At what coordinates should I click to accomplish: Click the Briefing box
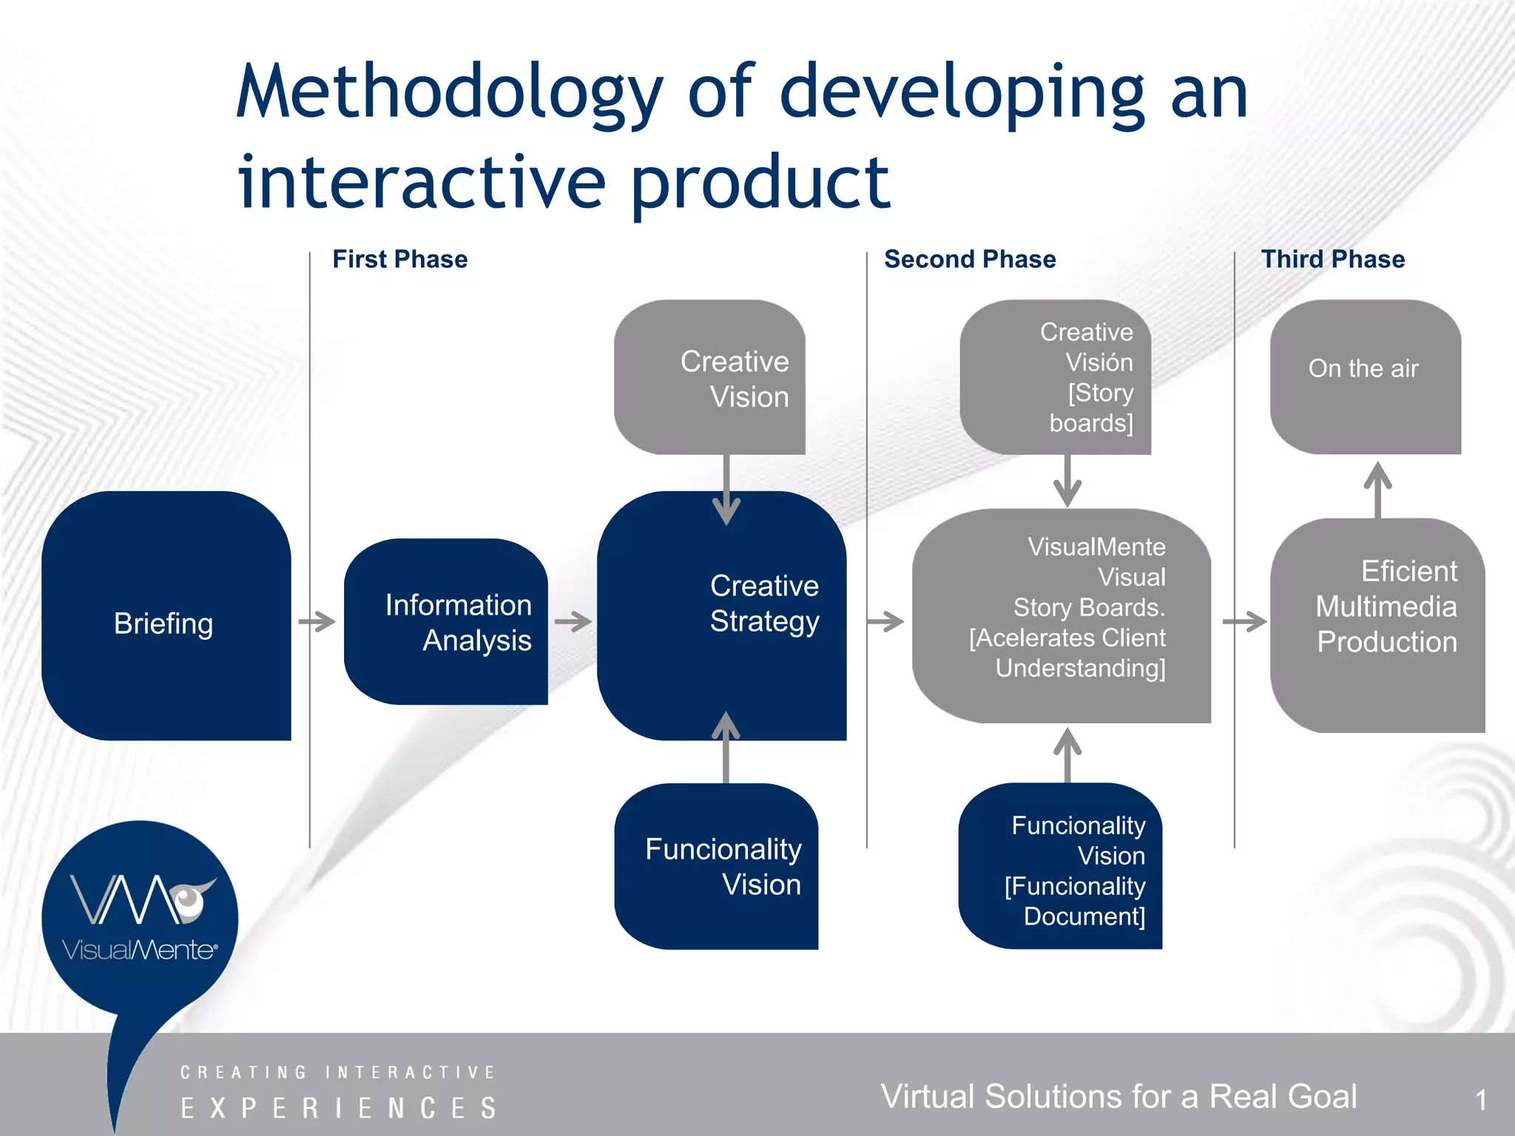(x=166, y=616)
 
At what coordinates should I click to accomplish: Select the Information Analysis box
(x=446, y=622)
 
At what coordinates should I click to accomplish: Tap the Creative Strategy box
(x=722, y=616)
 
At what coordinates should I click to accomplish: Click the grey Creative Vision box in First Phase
(x=709, y=377)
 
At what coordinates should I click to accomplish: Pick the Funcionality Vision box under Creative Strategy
(x=716, y=866)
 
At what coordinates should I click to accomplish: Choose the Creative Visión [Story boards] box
(x=1055, y=377)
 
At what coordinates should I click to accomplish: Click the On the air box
(x=1365, y=376)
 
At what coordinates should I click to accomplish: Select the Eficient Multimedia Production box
(x=1377, y=626)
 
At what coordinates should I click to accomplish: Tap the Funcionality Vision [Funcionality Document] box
(x=1060, y=866)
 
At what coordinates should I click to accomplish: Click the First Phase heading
(x=399, y=260)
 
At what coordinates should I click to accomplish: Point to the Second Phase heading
(x=970, y=260)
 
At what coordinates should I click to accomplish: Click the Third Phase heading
(x=1332, y=260)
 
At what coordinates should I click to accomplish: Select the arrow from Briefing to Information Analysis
(x=317, y=621)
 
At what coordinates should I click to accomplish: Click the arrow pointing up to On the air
(x=1377, y=489)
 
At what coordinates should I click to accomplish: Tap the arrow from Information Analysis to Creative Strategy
(x=573, y=621)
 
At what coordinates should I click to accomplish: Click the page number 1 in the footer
(x=1481, y=1100)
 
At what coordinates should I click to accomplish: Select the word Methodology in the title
(x=449, y=94)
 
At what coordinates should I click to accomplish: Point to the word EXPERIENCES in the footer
(x=339, y=1108)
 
